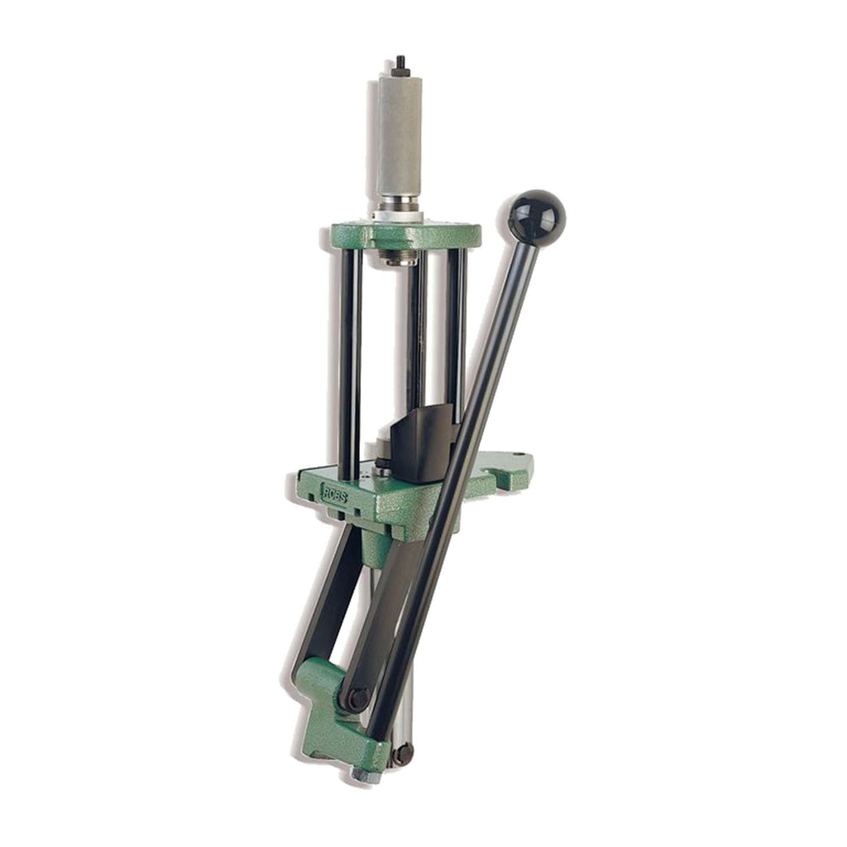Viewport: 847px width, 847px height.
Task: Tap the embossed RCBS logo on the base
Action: [334, 493]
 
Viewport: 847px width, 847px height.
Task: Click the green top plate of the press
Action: [406, 236]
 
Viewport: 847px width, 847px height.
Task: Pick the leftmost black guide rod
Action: [350, 366]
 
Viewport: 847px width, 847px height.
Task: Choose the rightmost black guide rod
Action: [456, 335]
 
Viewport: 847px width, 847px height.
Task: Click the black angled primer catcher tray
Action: [422, 443]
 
